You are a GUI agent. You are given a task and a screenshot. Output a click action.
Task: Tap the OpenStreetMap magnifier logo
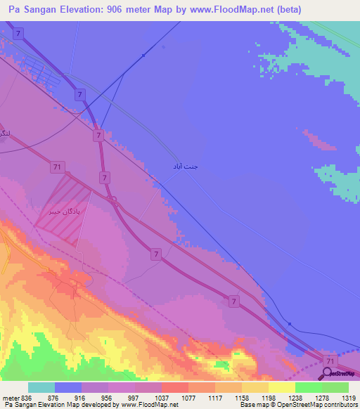[328, 374]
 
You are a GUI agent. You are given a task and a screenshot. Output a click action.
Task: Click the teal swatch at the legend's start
[41, 387]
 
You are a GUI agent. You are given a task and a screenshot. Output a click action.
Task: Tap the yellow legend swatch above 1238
[281, 387]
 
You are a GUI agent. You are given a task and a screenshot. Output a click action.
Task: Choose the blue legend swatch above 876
[68, 387]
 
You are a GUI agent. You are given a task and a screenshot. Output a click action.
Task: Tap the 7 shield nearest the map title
[18, 33]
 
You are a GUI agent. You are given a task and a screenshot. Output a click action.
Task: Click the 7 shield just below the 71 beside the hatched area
[104, 177]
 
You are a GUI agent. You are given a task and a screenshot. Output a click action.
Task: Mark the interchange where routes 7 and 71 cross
[112, 202]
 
